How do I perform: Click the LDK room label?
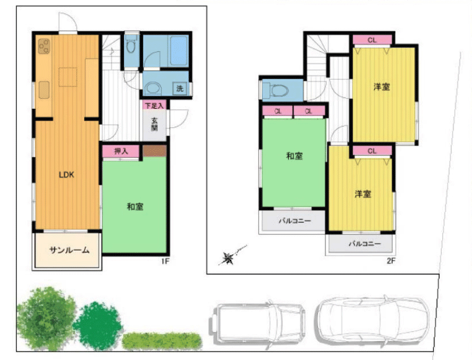point(66,175)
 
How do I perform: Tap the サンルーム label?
point(70,250)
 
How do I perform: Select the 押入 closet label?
point(121,151)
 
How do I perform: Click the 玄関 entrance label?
point(155,124)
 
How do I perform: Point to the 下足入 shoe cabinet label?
point(154,105)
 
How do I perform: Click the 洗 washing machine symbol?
point(180,88)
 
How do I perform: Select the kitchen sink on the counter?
point(44,90)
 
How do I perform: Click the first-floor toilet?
point(131,45)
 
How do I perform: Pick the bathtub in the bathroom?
point(179,51)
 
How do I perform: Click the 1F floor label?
point(165,261)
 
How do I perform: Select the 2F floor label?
point(391,261)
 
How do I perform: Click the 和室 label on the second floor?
point(294,156)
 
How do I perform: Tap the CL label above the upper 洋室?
point(372,40)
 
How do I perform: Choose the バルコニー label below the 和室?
point(295,221)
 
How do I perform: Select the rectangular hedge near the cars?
point(162,341)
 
